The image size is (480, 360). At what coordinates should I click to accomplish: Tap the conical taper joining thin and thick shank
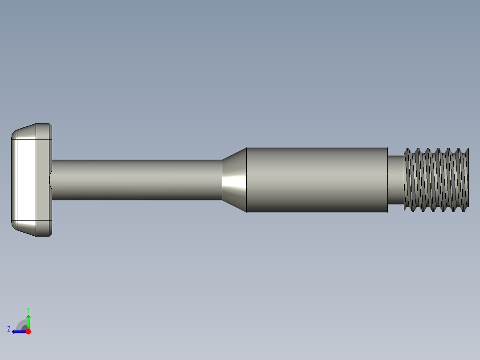(x=234, y=180)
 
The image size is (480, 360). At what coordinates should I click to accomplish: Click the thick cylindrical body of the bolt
(x=316, y=180)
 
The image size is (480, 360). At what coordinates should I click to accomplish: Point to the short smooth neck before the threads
(x=395, y=180)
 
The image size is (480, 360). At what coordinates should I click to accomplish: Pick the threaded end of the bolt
(x=436, y=180)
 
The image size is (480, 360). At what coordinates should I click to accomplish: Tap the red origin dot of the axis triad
(x=28, y=331)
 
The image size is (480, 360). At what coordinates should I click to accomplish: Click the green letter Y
(x=28, y=309)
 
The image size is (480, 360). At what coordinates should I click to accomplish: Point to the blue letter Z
(x=9, y=329)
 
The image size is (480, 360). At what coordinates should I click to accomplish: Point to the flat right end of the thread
(x=468, y=180)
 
